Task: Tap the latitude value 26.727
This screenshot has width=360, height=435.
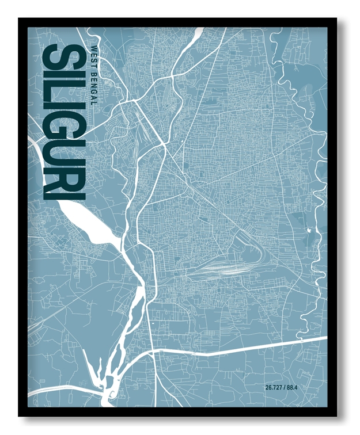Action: coord(275,387)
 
